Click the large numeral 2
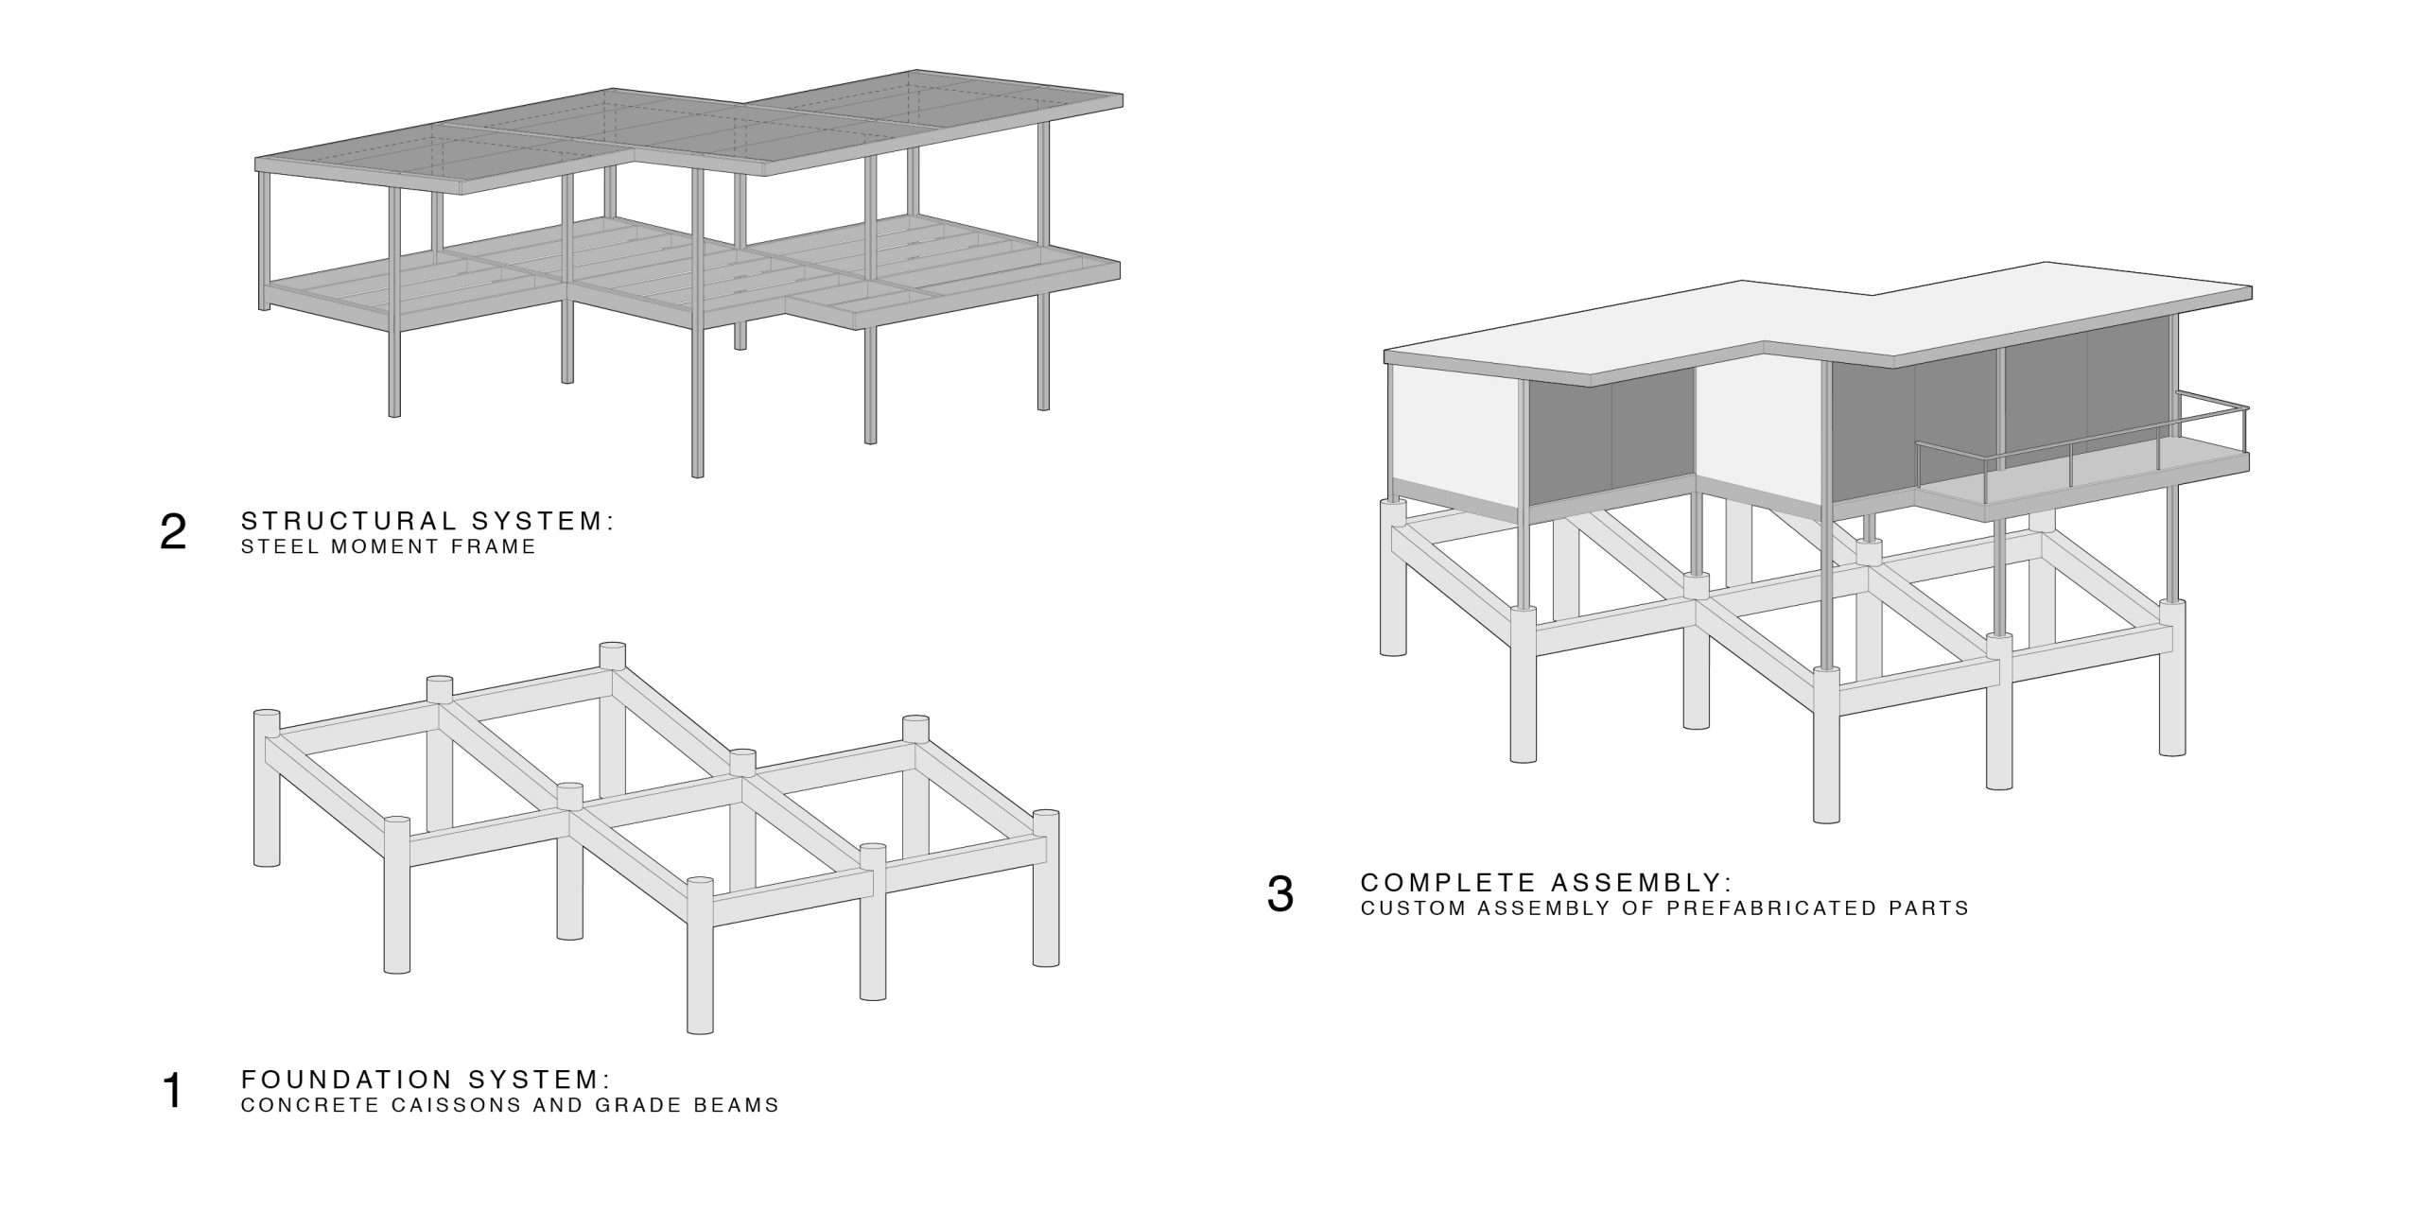pos(174,533)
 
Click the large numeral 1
pos(173,1091)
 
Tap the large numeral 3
pos(1280,894)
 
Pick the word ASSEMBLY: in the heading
pos(1642,882)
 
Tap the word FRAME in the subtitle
pos(498,546)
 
